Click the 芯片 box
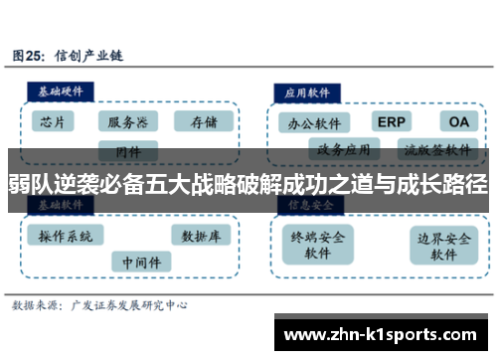coord(53,122)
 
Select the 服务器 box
coord(128,122)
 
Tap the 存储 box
coord(203,122)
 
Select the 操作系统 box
coord(66,236)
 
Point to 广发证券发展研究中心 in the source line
coord(129,306)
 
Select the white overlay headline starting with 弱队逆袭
coord(248,184)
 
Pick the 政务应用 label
coord(343,151)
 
